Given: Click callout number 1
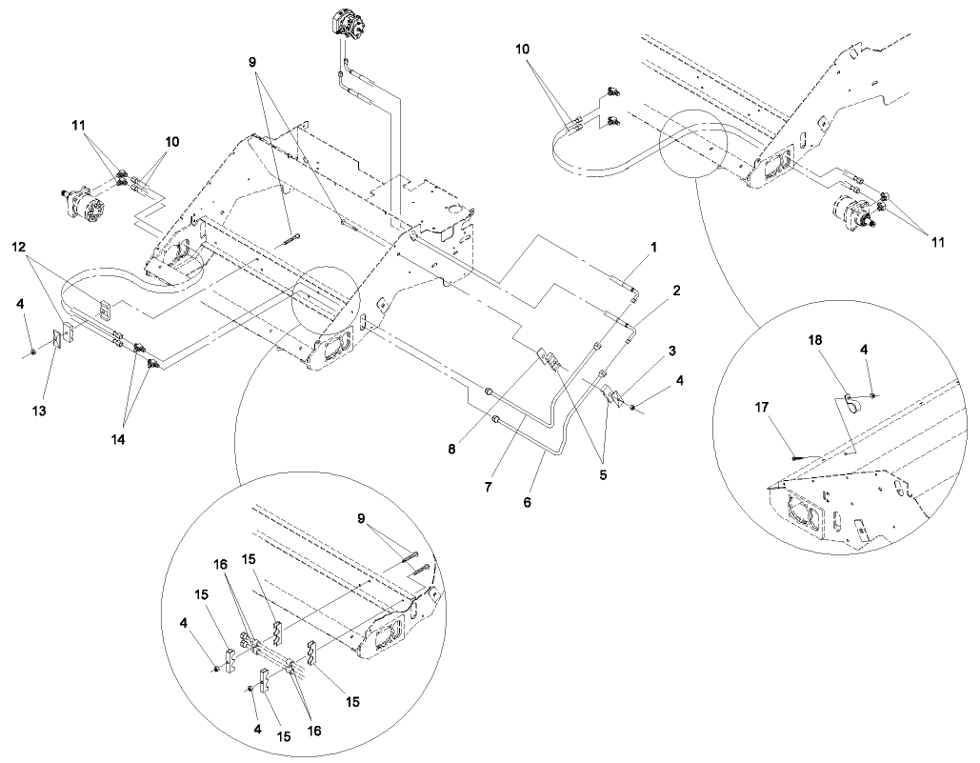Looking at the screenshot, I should [x=654, y=247].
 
